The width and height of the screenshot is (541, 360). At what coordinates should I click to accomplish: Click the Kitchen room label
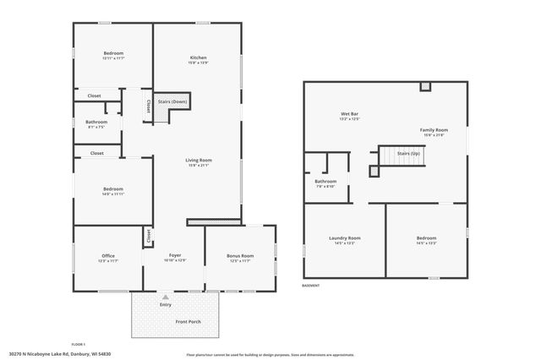199,57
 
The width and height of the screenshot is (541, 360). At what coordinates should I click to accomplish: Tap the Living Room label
199,160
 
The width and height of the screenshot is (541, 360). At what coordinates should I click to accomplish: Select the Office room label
107,255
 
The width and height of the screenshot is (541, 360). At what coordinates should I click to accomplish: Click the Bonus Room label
240,255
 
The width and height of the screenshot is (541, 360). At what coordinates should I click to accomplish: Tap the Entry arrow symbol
166,297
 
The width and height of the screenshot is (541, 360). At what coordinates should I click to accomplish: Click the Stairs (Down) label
172,102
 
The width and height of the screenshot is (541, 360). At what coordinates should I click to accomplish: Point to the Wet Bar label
350,113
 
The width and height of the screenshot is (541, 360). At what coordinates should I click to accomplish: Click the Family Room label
433,129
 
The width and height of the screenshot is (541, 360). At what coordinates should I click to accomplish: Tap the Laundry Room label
344,238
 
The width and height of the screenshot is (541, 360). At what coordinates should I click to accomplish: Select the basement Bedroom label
426,238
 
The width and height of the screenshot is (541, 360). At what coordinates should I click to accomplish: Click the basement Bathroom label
325,181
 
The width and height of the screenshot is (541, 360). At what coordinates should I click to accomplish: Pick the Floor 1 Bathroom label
96,122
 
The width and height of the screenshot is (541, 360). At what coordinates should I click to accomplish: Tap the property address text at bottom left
60,353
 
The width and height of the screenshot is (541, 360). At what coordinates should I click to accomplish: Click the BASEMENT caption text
311,286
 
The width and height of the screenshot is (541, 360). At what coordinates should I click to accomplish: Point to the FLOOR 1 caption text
79,344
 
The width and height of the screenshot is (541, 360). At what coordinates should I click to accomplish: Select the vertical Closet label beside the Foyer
149,237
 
